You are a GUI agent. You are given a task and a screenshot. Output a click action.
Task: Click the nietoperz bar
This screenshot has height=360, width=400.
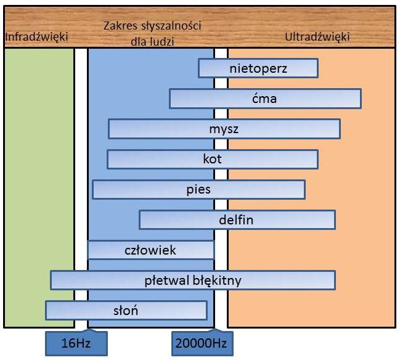258,68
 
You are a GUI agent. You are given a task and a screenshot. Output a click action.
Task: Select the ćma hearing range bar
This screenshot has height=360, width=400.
265,99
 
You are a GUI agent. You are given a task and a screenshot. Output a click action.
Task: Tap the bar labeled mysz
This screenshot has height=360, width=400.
224,129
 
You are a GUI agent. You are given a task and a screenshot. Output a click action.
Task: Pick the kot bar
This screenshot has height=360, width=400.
213,159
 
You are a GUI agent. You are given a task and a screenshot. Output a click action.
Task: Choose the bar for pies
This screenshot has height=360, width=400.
198,190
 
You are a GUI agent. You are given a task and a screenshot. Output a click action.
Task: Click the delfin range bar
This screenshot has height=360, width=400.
237,219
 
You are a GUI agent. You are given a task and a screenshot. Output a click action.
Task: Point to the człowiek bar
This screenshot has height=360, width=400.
151,250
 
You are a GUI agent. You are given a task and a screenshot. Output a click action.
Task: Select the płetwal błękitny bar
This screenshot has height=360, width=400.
193,280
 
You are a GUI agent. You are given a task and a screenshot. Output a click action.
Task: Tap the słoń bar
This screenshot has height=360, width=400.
126,311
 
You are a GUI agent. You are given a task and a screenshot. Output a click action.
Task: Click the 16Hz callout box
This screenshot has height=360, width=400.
76,343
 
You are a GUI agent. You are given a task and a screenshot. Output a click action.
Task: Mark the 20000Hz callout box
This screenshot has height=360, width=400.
202,343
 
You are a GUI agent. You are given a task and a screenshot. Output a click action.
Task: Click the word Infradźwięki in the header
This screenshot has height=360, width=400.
36,37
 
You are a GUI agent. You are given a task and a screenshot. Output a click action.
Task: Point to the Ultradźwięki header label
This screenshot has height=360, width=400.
317,37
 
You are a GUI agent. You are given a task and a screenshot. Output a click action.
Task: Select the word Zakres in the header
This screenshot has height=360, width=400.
120,26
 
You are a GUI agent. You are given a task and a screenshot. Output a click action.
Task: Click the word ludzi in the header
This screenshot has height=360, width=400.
162,41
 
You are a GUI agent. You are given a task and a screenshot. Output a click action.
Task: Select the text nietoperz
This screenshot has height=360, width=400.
258,68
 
